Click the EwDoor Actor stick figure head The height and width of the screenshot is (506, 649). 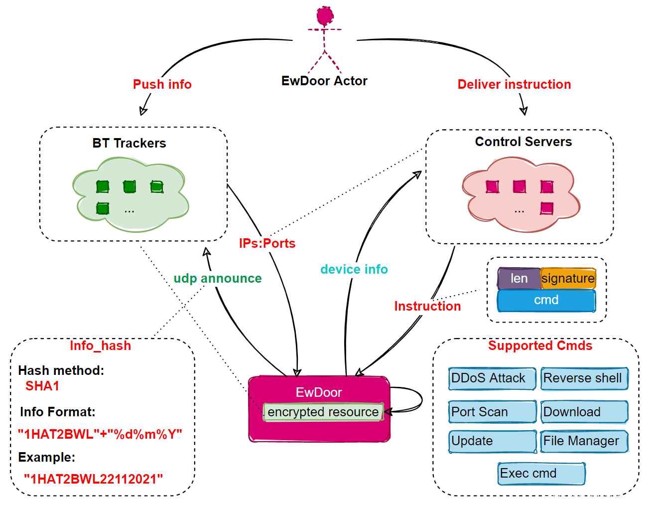[x=325, y=16]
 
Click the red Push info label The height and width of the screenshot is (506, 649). [x=162, y=84]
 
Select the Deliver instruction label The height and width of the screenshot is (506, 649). [x=514, y=84]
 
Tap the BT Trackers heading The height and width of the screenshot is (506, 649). [x=129, y=143]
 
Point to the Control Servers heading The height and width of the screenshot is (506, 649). [x=523, y=142]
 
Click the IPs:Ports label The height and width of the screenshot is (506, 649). [x=267, y=243]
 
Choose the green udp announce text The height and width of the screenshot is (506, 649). [x=217, y=278]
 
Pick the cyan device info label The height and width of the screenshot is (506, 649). [x=354, y=269]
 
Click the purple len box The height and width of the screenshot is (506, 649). [x=519, y=279]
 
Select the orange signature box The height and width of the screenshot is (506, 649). [x=568, y=279]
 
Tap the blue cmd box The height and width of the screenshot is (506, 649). [x=546, y=300]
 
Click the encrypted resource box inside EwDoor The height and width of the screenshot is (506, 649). [x=323, y=412]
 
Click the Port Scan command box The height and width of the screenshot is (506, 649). [x=492, y=412]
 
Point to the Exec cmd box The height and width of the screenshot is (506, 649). [x=541, y=474]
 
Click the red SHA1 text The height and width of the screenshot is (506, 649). [x=42, y=386]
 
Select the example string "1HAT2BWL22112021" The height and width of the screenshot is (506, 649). [x=93, y=479]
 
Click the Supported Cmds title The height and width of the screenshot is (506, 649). [x=540, y=345]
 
